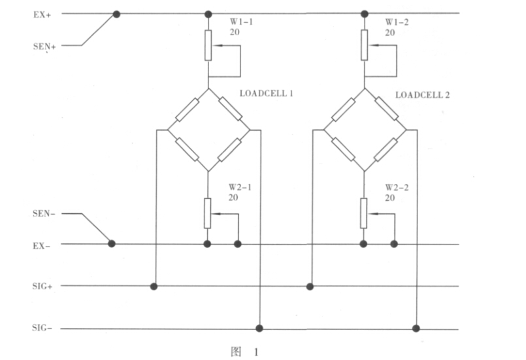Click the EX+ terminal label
pos(42,14)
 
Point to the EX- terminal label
pos(42,245)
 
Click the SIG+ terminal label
pos(42,286)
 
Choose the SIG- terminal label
pos(42,327)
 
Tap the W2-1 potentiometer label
pos(240,187)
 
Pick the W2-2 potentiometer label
pos(397,187)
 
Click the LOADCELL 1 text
pos(266,93)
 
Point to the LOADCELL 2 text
pos(422,95)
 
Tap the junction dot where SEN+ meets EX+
pos(117,14)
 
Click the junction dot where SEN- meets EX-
pos(112,244)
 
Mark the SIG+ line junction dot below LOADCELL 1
pos(154,286)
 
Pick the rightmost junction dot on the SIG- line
pos(416,327)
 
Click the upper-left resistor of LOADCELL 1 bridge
pos(188,109)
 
